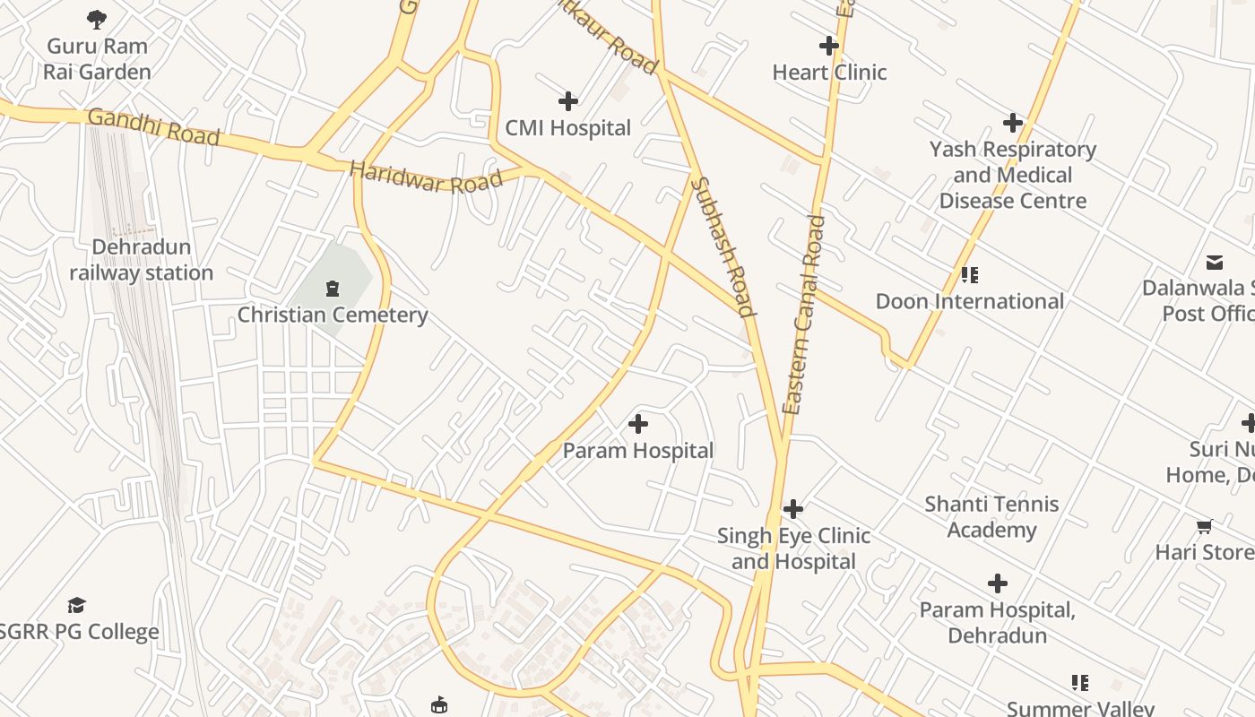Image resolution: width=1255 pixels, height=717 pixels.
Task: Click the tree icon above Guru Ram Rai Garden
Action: click(97, 19)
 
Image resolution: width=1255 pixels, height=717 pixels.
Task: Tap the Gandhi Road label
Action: click(153, 127)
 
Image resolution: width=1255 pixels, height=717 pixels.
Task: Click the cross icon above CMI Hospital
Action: click(568, 101)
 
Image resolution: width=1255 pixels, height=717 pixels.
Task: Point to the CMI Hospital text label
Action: click(568, 128)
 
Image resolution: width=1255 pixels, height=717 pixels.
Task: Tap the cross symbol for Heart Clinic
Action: click(829, 45)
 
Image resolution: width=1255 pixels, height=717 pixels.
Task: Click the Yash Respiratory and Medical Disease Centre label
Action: click(1013, 175)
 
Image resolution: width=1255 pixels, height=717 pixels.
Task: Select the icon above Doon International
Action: click(969, 274)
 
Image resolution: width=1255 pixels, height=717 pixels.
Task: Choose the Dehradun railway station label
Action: click(142, 260)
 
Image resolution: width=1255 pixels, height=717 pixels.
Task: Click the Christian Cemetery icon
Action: click(333, 288)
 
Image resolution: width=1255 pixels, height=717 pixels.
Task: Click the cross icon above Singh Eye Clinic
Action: click(793, 509)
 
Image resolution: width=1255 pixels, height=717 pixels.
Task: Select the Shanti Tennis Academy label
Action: click(991, 517)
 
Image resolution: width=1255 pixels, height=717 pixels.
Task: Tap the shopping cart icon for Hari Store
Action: click(1204, 526)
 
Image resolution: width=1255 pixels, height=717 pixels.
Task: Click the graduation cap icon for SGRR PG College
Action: click(77, 605)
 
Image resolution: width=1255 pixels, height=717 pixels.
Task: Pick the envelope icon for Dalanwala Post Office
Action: click(1215, 262)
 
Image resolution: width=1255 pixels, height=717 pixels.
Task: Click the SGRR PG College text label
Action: click(79, 632)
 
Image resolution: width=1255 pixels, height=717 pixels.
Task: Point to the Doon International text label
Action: click(970, 301)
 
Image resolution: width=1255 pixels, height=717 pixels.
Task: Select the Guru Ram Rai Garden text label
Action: click(97, 58)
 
